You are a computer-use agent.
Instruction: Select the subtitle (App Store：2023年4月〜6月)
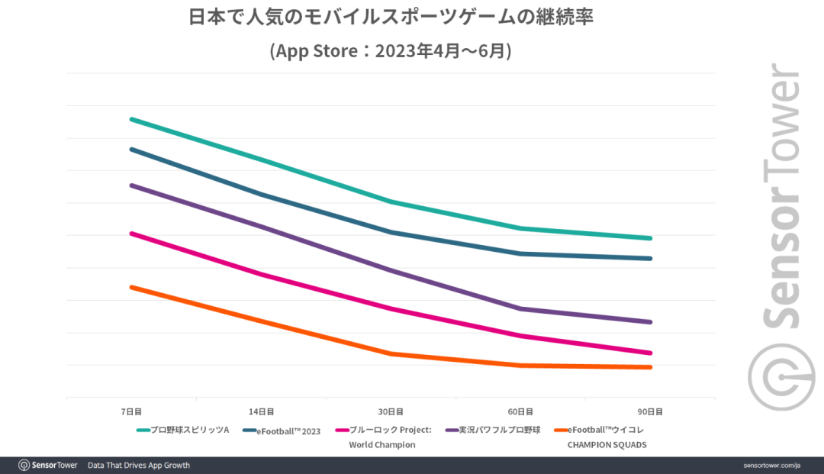click(391, 51)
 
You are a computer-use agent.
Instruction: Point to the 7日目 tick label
click(131, 411)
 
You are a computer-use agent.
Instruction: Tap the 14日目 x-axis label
click(261, 411)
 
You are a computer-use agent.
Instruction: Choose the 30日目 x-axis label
click(391, 411)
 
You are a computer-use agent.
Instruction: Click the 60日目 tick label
click(521, 411)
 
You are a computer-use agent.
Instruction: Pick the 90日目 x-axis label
click(651, 411)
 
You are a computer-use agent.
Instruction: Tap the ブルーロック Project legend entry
click(390, 430)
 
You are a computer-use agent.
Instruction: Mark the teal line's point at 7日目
click(131, 119)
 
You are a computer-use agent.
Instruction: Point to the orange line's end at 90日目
click(651, 367)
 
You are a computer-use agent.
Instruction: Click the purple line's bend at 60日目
click(521, 308)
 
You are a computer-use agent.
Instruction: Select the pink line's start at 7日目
click(131, 233)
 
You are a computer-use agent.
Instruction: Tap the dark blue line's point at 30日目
click(391, 232)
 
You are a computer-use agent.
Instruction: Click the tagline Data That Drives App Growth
click(138, 465)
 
